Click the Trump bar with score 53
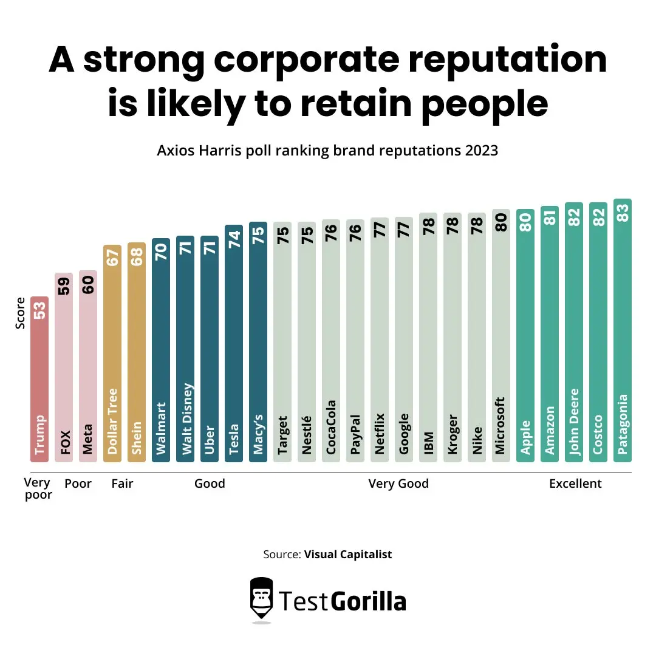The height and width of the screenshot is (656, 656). coord(39,380)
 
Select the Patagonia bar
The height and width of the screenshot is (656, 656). coord(623,331)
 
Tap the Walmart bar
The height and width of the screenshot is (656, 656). coord(161,350)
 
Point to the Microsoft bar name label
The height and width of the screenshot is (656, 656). coord(501,426)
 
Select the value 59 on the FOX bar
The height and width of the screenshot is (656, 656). coord(64,285)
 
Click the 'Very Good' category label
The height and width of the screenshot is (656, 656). coord(398,484)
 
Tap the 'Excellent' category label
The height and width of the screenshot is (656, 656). coord(575,484)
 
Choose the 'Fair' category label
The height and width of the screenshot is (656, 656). coord(122,484)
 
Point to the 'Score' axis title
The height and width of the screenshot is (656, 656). coord(21,313)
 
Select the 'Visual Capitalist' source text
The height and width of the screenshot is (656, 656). coord(348,554)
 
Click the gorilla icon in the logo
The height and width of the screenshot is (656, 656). coord(261,598)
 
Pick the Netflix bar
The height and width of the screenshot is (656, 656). coord(380,340)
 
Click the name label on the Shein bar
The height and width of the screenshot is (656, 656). coord(137,438)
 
